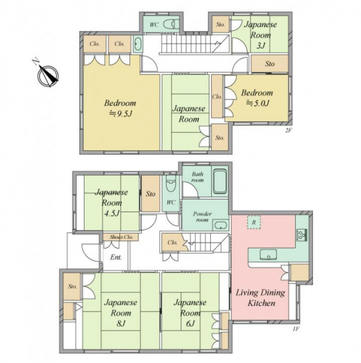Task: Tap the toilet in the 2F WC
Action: pos(171,24)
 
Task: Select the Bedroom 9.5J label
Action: pos(120,108)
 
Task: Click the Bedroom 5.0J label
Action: pos(257,97)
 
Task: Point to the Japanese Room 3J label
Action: pos(261,35)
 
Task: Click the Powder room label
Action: pos(202,217)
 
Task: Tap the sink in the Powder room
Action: pos(220,225)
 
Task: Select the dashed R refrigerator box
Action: pos(254,222)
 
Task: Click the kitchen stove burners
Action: pos(302,235)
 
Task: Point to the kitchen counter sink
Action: pos(268,255)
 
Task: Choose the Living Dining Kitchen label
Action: pos(261,298)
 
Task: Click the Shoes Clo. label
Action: pos(121,237)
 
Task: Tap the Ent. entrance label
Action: pos(116,257)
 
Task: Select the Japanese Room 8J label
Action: pos(121,313)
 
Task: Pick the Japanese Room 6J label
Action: pos(190,313)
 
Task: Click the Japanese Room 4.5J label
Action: pos(112,203)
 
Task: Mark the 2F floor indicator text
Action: pos(288,130)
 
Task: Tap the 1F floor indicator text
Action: pos(296,329)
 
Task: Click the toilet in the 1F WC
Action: pos(171,183)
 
